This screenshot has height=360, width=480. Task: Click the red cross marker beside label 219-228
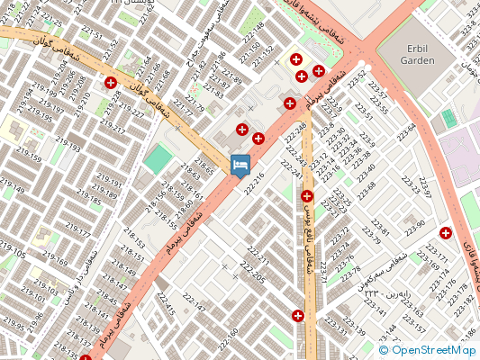(x=111, y=83)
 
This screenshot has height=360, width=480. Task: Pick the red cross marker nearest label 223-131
(x=298, y=316)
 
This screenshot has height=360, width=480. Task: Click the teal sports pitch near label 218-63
(x=158, y=159)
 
